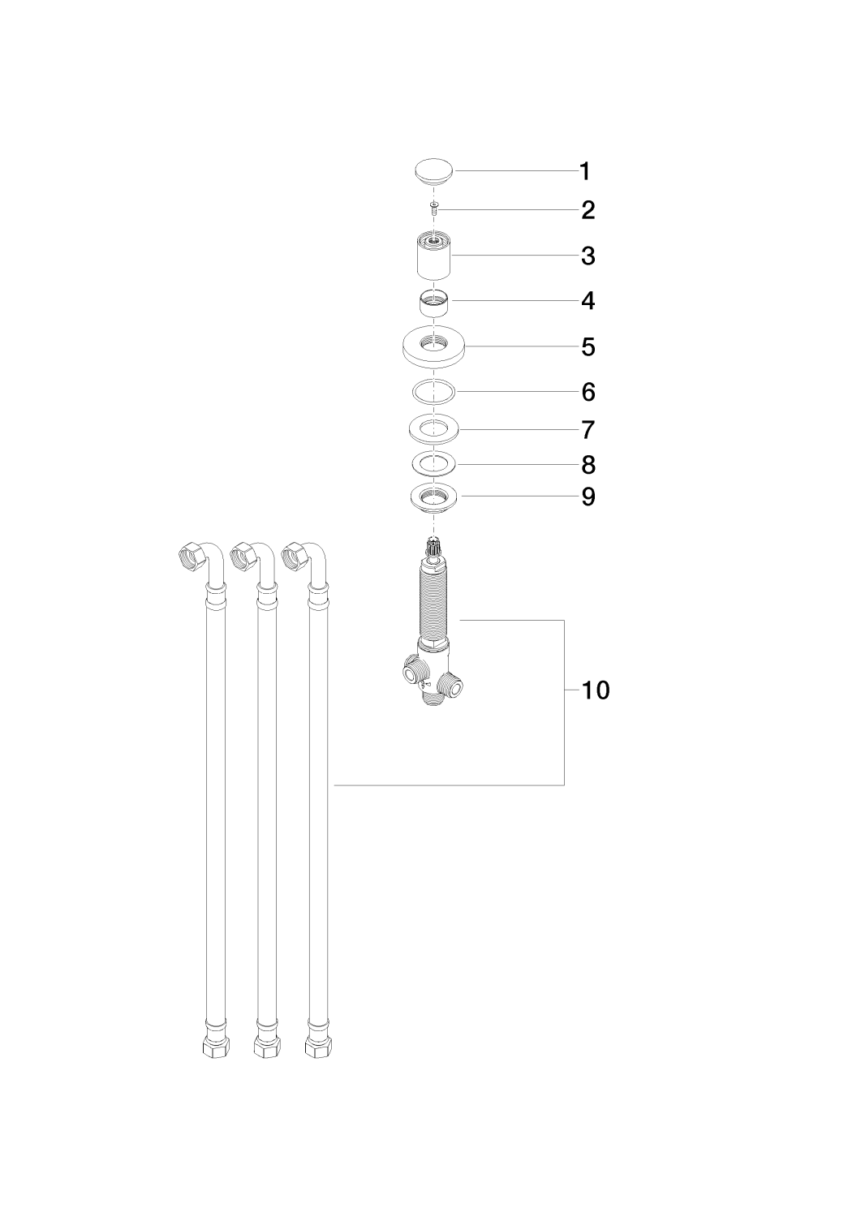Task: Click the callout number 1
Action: (x=585, y=172)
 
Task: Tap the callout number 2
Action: (x=588, y=211)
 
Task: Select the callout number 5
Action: (x=588, y=347)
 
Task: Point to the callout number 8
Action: (x=588, y=465)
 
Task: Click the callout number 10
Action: (x=596, y=690)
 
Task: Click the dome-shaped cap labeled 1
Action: (x=434, y=172)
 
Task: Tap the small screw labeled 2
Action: (x=434, y=209)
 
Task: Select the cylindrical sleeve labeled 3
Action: (x=434, y=256)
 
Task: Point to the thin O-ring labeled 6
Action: (x=434, y=392)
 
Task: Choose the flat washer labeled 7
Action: (x=434, y=428)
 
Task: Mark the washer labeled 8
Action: (x=434, y=465)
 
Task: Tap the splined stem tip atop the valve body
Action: (x=434, y=544)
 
